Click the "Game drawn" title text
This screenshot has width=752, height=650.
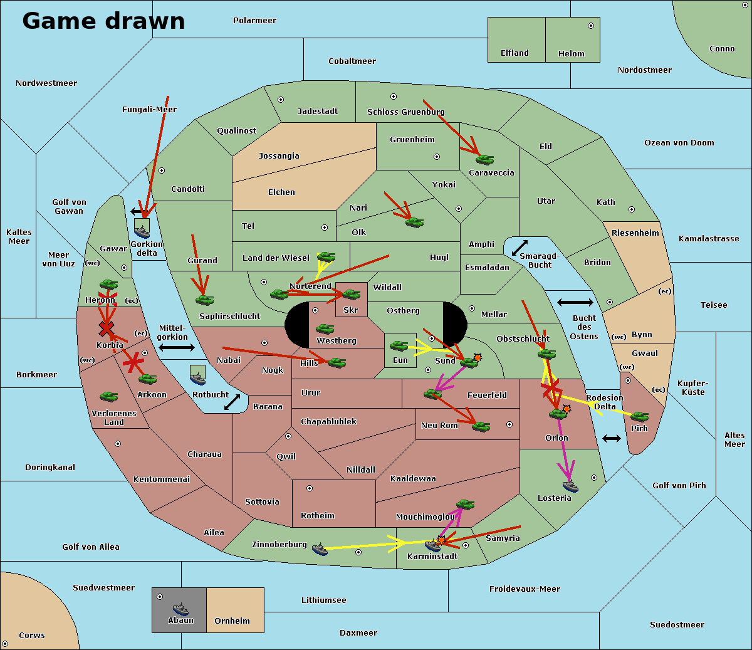(103, 21)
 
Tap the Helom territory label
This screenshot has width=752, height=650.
(571, 54)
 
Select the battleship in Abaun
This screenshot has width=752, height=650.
(180, 609)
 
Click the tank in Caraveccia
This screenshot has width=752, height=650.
(484, 159)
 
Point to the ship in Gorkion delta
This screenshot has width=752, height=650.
(142, 229)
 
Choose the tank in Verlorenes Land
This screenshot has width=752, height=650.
(108, 396)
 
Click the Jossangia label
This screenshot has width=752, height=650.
(279, 156)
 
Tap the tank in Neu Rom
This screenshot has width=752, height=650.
(481, 426)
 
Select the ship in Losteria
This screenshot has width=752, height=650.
(570, 485)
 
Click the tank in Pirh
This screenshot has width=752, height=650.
(639, 417)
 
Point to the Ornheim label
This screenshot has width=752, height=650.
(232, 621)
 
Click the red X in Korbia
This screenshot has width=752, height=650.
(107, 328)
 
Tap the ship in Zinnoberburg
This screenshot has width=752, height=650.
(320, 550)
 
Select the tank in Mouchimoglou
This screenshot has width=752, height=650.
(465, 504)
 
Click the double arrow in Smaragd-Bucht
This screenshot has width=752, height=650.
(520, 248)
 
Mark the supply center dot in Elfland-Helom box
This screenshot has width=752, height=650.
(590, 26)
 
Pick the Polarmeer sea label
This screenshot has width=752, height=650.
(254, 21)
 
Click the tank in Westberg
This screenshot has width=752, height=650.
(325, 328)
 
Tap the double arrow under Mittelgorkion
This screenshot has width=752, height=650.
(177, 347)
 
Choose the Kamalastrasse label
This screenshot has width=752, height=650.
(709, 239)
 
